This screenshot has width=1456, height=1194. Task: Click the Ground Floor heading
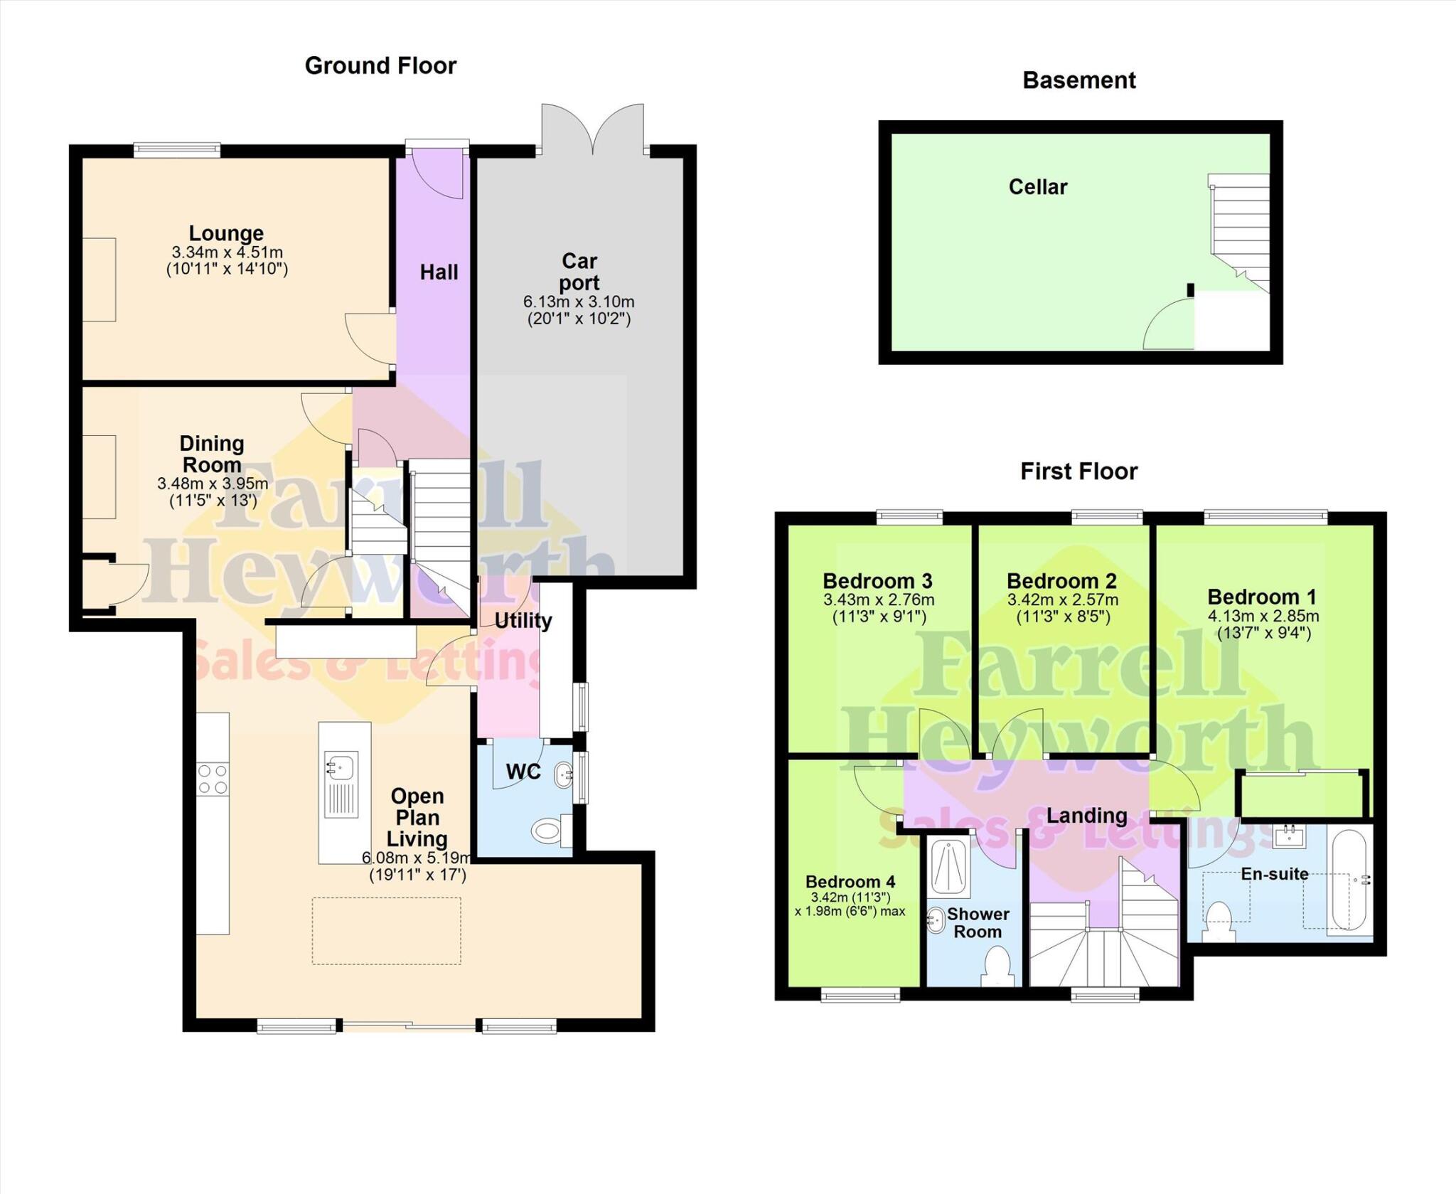click(x=380, y=65)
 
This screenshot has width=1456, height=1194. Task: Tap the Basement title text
click(x=1078, y=80)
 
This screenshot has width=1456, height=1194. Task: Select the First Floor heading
click(x=1078, y=471)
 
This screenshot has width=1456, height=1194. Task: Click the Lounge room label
click(x=226, y=233)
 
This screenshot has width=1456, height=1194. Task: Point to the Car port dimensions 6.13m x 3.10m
click(x=579, y=302)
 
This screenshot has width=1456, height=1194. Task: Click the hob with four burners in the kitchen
click(x=213, y=779)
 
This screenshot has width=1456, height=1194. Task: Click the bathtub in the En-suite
click(x=1349, y=880)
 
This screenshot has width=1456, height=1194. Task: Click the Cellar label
click(x=1037, y=187)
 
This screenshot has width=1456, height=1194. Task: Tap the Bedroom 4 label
click(x=850, y=882)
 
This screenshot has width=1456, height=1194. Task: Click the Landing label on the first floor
click(x=1086, y=815)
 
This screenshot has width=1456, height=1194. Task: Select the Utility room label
click(x=523, y=621)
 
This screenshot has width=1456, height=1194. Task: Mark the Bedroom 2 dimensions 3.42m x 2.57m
click(x=1062, y=599)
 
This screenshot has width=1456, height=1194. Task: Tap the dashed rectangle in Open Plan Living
click(x=386, y=931)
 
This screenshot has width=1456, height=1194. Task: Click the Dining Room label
click(x=212, y=454)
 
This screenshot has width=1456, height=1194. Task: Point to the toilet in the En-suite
click(x=1219, y=920)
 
